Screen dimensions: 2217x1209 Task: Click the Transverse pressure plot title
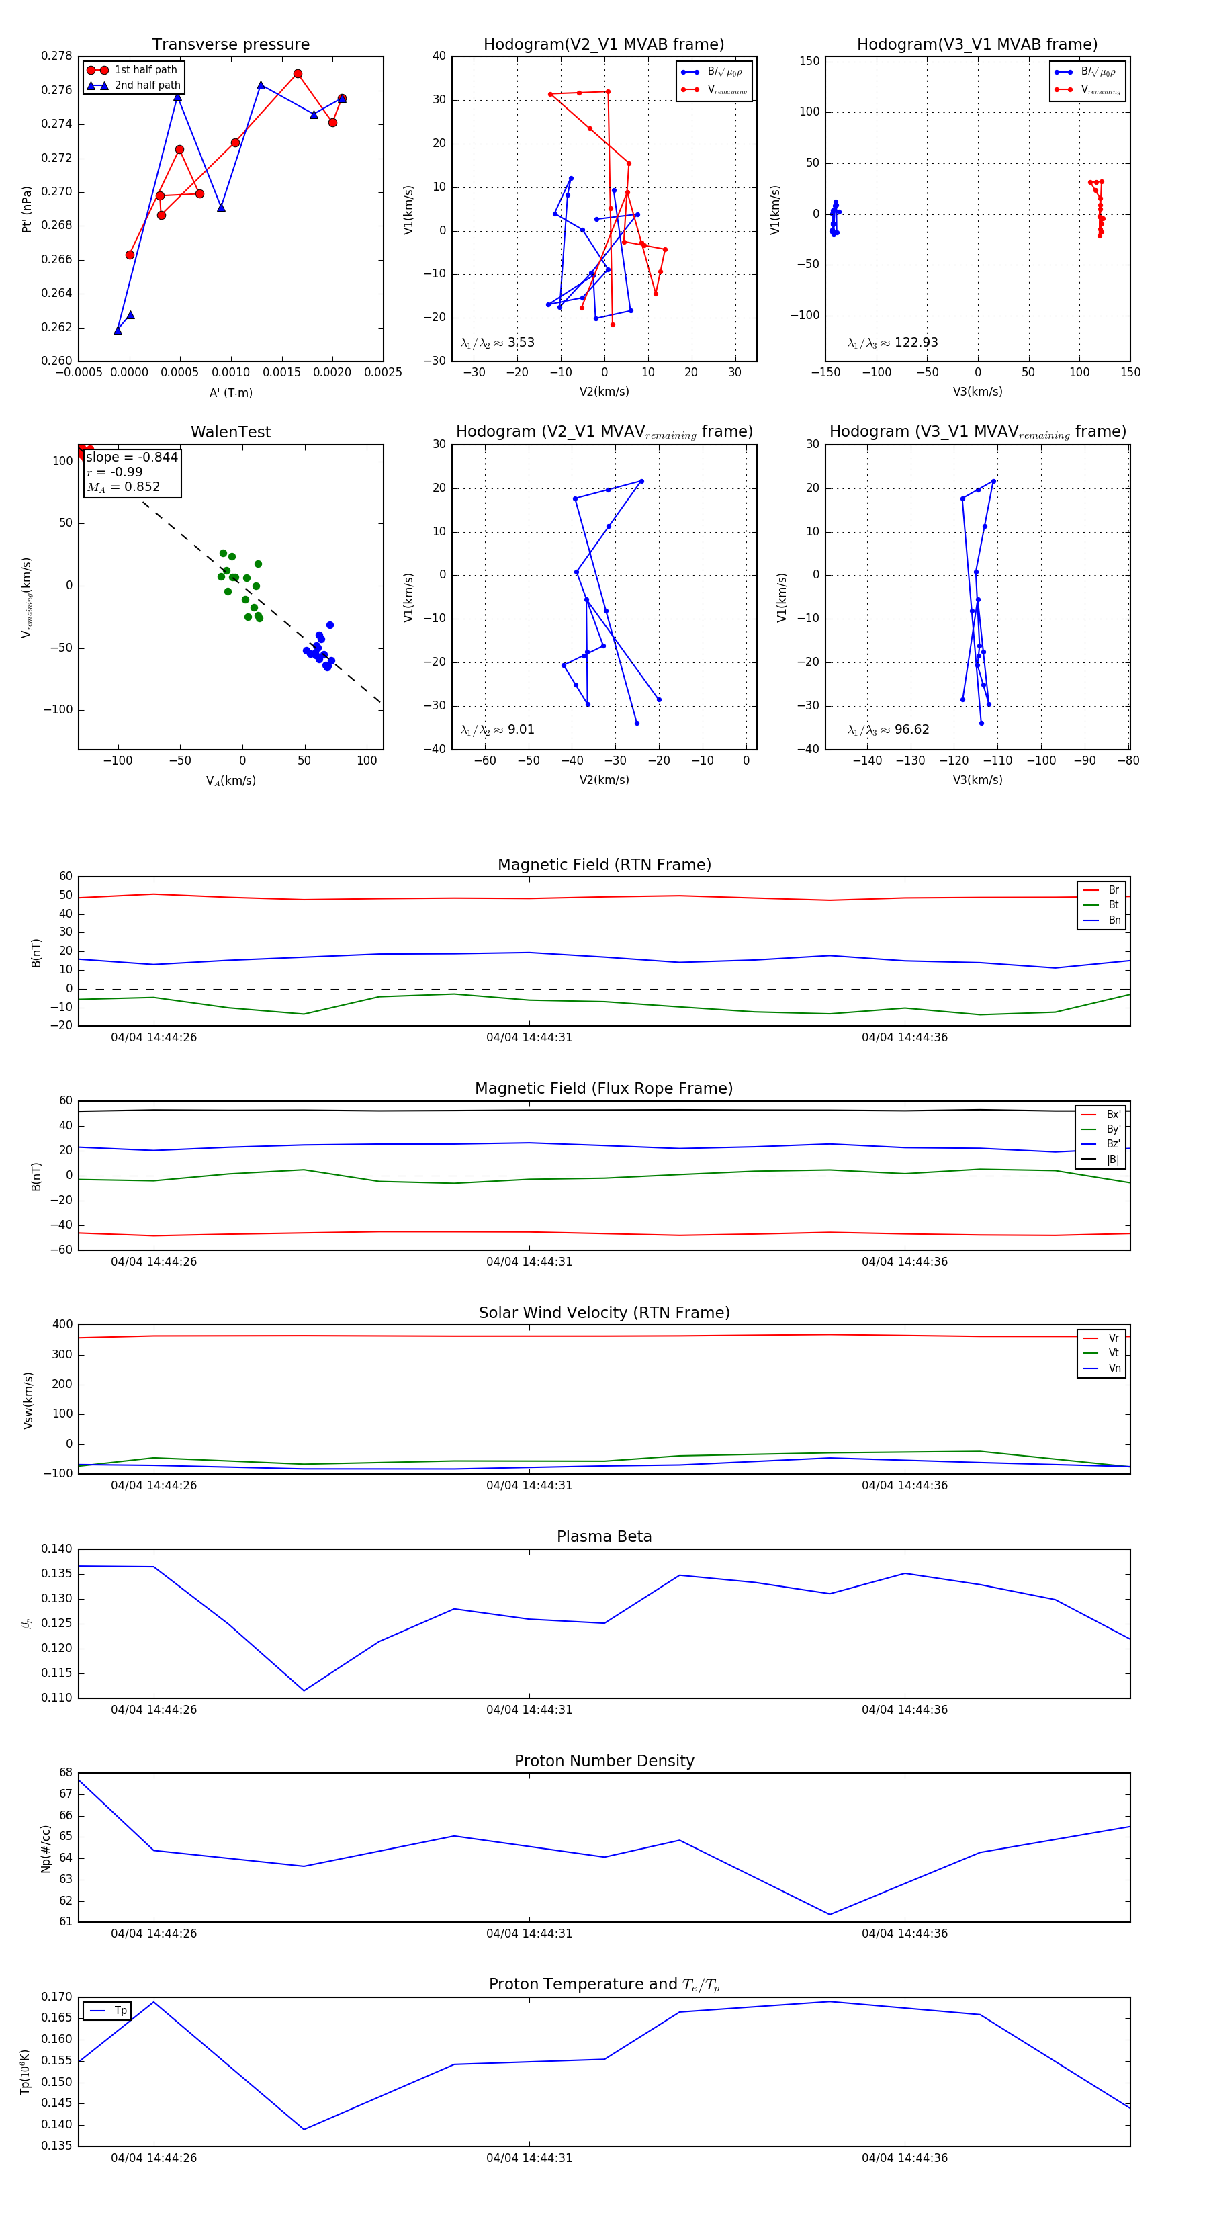230,45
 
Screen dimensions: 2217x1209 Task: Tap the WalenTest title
230,432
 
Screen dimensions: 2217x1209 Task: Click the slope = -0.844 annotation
132,457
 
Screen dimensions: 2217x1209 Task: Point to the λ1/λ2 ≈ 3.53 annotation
497,343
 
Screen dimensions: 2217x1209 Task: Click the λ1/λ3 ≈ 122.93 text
893,343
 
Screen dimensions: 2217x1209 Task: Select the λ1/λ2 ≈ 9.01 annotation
497,730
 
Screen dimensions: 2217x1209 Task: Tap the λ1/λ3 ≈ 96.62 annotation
888,730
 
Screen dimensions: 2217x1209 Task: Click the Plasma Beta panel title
604,1537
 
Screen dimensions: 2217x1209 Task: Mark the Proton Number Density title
604,1761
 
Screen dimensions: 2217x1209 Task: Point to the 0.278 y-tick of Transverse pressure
57,56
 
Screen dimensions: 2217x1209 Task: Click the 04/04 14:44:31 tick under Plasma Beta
529,1710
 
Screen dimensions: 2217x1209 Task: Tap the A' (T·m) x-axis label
230,392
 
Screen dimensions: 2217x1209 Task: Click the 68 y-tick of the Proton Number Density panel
66,1772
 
